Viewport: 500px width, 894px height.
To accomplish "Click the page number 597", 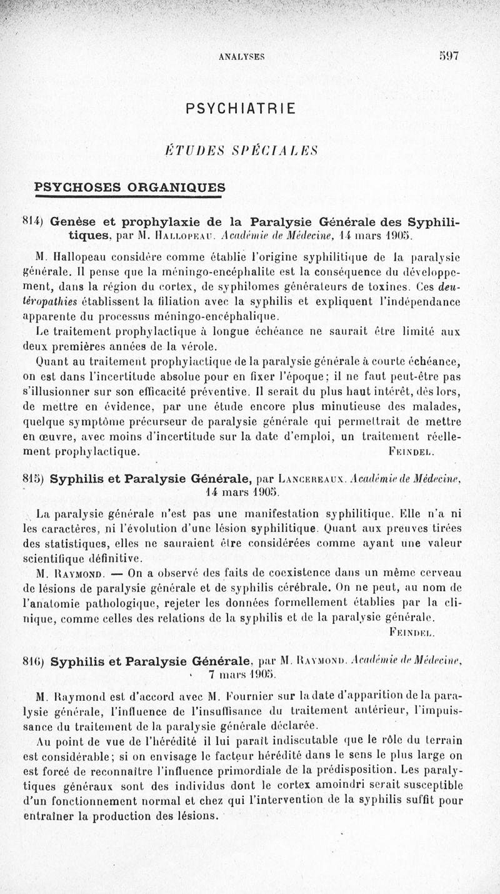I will (x=449, y=56).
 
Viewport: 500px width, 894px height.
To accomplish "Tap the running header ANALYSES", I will (x=242, y=56).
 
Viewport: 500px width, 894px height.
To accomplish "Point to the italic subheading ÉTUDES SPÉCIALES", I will (x=241, y=151).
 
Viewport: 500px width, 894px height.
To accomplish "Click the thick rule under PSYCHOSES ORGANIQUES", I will (x=129, y=198).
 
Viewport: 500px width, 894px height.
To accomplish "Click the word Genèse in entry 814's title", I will (x=72, y=221).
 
